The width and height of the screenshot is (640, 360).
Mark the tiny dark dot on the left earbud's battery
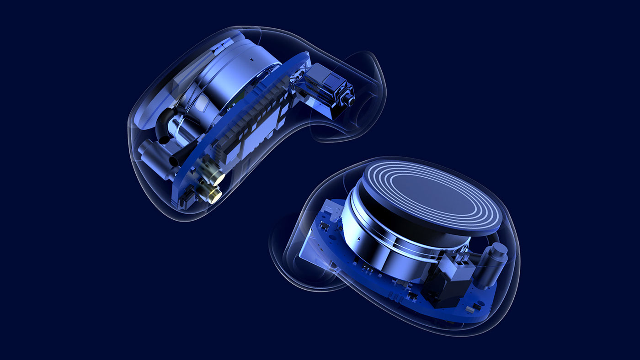[252, 58]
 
